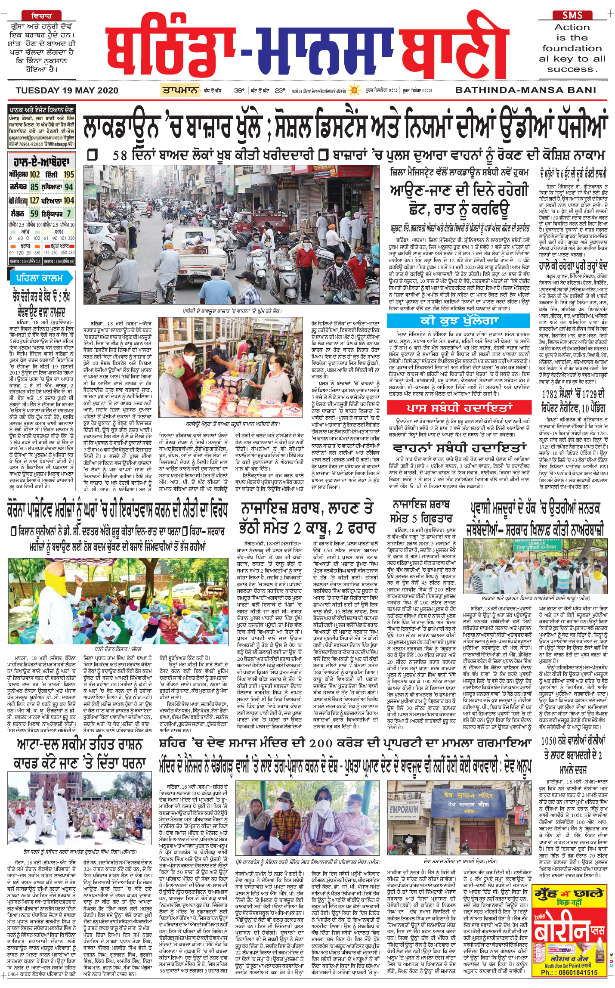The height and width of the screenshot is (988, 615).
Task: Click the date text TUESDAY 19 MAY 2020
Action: [67, 90]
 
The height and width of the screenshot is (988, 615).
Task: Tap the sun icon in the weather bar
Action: [354, 90]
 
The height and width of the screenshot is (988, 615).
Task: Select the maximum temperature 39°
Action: [239, 90]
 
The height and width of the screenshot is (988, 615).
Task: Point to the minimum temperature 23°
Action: [280, 90]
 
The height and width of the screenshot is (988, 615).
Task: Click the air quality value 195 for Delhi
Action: [69, 174]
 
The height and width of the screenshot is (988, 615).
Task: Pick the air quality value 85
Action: [34, 187]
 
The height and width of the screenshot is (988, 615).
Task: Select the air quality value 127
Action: [34, 201]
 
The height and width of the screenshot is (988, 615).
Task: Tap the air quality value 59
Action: [34, 214]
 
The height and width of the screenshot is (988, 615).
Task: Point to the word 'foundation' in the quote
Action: [572, 48]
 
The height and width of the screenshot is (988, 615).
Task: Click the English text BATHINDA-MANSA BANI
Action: [525, 90]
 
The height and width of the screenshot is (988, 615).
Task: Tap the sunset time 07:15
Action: [427, 90]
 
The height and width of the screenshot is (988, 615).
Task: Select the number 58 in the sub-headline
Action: [120, 155]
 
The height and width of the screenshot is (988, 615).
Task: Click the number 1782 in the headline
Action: [549, 395]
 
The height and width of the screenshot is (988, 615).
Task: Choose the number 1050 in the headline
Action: [549, 741]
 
